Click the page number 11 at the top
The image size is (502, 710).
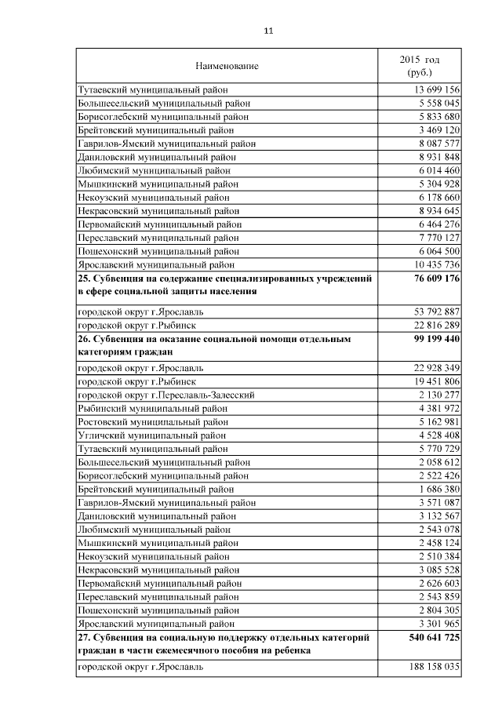pyautogui.click(x=267, y=31)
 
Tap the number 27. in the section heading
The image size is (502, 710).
pyautogui.click(x=84, y=637)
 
